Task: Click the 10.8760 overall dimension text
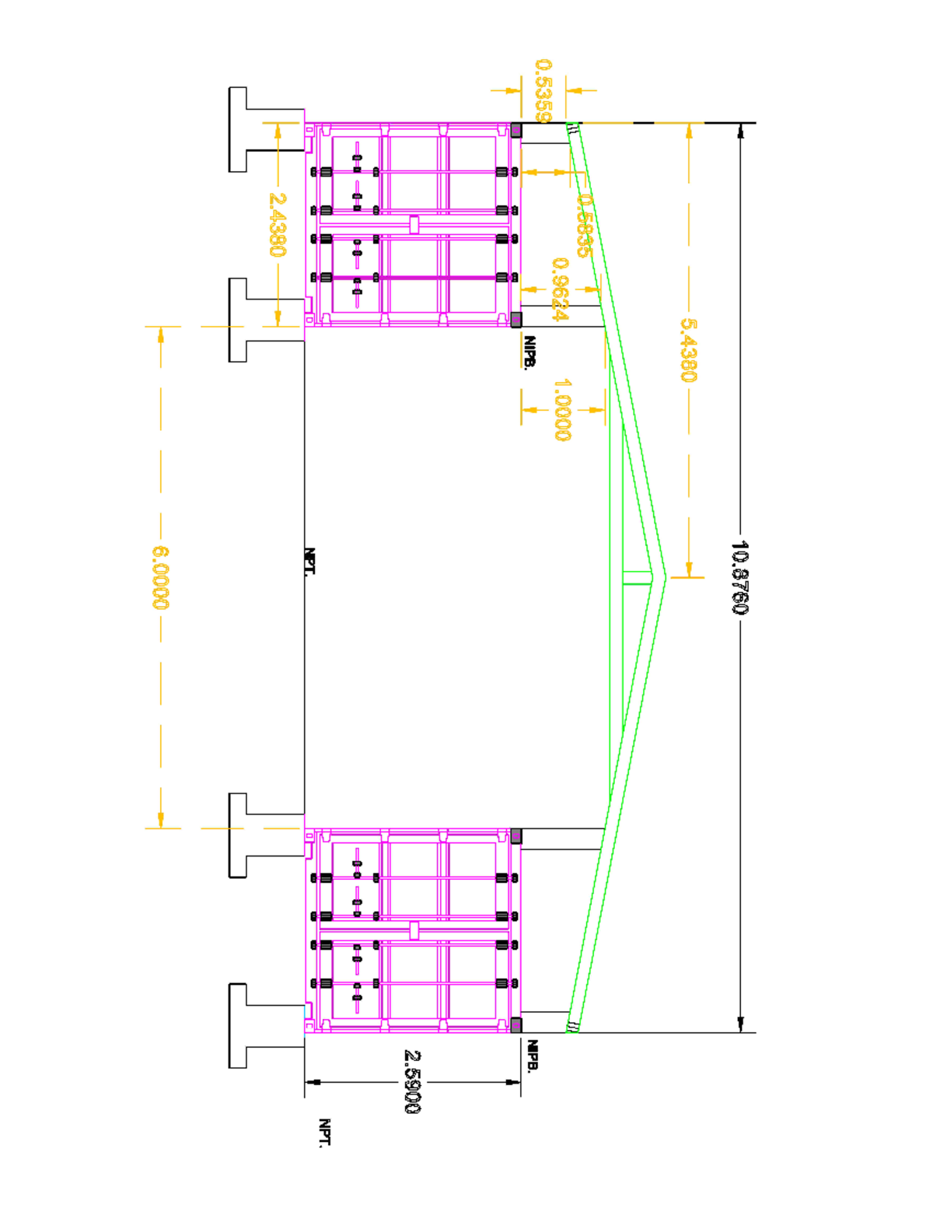pyautogui.click(x=739, y=577)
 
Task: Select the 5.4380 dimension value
pyautogui.click(x=688, y=350)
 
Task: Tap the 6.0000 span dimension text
pyautogui.click(x=160, y=577)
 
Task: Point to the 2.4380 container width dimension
pyautogui.click(x=277, y=225)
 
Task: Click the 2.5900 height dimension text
pyautogui.click(x=412, y=1081)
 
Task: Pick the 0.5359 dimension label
pyautogui.click(x=543, y=90)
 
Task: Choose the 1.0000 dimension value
pyautogui.click(x=562, y=409)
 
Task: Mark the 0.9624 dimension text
pyautogui.click(x=560, y=289)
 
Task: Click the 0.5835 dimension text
pyautogui.click(x=584, y=226)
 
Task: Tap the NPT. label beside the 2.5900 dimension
pyautogui.click(x=325, y=1133)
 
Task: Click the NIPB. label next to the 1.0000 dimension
pyautogui.click(x=529, y=352)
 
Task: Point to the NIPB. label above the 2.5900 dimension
pyautogui.click(x=533, y=1056)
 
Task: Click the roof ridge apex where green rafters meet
pyautogui.click(x=664, y=577)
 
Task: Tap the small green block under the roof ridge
pyautogui.click(x=637, y=577)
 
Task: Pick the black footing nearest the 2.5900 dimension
pyautogui.click(x=238, y=1025)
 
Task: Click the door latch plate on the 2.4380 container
pyautogui.click(x=414, y=225)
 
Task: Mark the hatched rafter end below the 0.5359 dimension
pyautogui.click(x=573, y=130)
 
